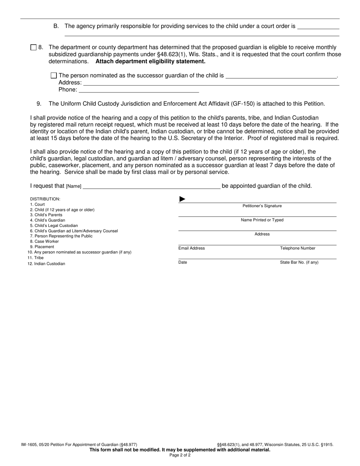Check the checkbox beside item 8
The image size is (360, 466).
[x=33, y=48]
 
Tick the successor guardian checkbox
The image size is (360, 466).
[x=54, y=75]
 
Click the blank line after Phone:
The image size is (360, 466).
[x=139, y=90]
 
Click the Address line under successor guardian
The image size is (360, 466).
[x=211, y=83]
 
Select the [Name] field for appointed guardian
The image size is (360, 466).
[x=151, y=186]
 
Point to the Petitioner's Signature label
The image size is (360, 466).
[x=262, y=206]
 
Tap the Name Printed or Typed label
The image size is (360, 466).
[x=262, y=220]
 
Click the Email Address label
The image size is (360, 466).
[x=191, y=249]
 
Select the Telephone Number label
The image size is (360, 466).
[x=297, y=249]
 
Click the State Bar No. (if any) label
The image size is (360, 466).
[x=299, y=263]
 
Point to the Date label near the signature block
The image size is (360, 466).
[x=183, y=263]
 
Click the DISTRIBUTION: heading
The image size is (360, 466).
[x=45, y=199]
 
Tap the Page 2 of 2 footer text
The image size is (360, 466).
[x=180, y=455]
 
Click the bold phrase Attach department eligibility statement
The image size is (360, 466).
[x=150, y=61]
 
